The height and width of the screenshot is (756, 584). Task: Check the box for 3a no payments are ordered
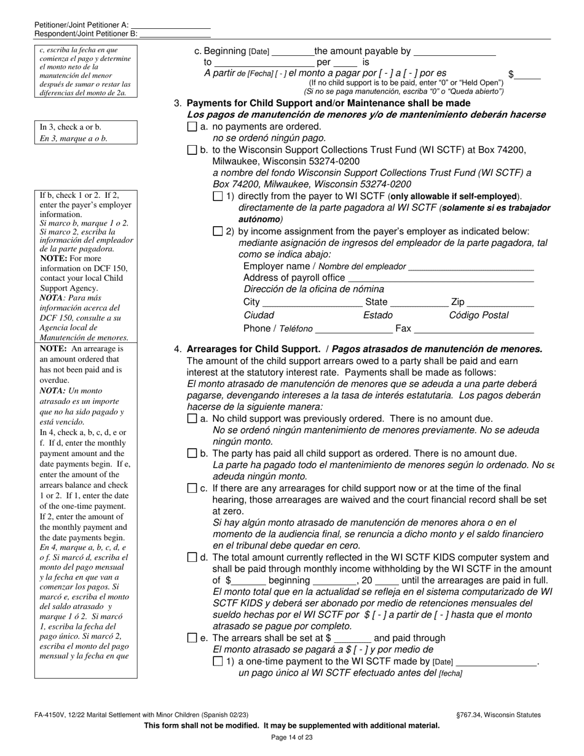click(x=191, y=127)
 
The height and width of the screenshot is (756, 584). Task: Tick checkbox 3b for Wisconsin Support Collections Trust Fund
click(x=191, y=150)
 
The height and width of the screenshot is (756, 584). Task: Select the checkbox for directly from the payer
click(x=217, y=197)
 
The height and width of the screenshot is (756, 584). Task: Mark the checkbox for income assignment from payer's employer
click(x=217, y=232)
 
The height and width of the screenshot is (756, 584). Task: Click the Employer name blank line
click(x=471, y=266)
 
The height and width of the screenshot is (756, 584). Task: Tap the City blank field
click(x=312, y=302)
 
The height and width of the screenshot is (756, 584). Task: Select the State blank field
click(x=419, y=302)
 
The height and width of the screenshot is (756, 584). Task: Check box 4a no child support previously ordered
click(x=191, y=419)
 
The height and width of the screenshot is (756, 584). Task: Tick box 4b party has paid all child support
click(x=191, y=454)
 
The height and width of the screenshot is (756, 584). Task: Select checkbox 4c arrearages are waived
click(x=191, y=489)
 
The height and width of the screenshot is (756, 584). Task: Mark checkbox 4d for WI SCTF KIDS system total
click(x=191, y=557)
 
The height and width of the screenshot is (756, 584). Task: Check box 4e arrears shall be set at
click(x=191, y=638)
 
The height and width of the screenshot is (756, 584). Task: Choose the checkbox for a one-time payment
click(x=217, y=662)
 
